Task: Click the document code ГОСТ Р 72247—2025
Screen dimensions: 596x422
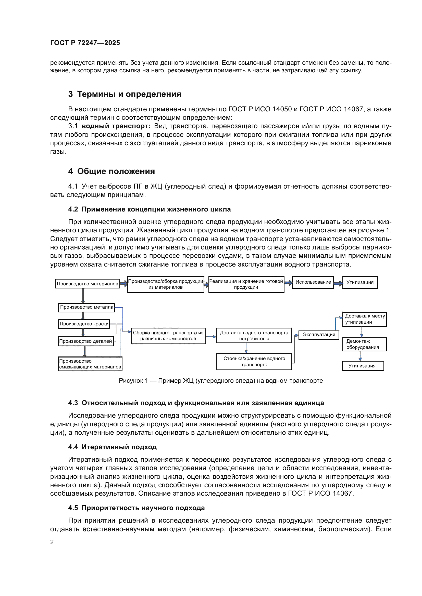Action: click(85, 43)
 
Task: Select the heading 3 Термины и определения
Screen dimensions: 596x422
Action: click(125, 94)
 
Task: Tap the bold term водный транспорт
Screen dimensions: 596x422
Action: click(116, 126)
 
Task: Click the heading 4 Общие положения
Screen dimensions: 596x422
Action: click(111, 171)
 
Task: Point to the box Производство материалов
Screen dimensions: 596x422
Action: click(87, 284)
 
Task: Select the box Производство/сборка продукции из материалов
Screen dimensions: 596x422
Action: click(166, 285)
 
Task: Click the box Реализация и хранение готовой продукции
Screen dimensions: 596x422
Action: click(246, 285)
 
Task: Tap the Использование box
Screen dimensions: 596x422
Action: click(313, 282)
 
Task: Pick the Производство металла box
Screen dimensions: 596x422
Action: click(86, 307)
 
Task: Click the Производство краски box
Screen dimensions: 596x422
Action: click(84, 324)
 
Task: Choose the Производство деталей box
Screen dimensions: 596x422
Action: click(86, 341)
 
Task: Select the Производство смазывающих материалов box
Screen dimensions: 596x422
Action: click(90, 364)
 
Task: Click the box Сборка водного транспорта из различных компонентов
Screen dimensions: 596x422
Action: click(168, 336)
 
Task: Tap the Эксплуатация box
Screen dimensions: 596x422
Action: click(319, 335)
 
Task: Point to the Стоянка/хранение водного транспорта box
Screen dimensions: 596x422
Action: click(254, 362)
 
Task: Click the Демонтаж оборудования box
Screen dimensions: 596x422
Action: click(364, 344)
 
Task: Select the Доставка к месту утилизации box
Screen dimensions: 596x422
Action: click(364, 319)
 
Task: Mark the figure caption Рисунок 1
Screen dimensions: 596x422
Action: click(221, 380)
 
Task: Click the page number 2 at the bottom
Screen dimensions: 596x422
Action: click(52, 542)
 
